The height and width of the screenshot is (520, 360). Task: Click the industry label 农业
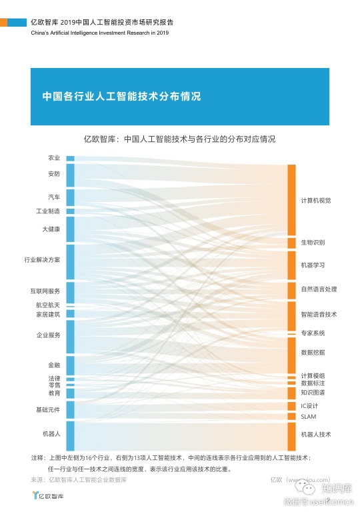pos(54,158)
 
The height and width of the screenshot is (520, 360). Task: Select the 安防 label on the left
pos(54,174)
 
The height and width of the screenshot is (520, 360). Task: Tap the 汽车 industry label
pos(54,197)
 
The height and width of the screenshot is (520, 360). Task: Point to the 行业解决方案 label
pos(42,259)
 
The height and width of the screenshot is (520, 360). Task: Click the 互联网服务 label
pos(45,291)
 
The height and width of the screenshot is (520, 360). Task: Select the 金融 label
pos(54,365)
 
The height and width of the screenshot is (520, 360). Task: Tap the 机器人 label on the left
pos(51,433)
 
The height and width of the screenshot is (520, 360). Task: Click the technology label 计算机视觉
pos(316,200)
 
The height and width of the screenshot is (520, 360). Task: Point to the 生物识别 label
pos(313,242)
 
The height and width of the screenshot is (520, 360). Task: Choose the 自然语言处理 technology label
pos(319,289)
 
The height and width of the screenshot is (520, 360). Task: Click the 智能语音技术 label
pos(319,314)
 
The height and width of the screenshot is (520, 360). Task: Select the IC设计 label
pos(310,405)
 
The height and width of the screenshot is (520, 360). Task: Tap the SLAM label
pos(308,417)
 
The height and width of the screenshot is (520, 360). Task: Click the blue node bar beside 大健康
pos(70,229)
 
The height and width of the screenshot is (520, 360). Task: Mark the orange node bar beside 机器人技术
pos(291,436)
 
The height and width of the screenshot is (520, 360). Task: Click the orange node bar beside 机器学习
pos(291,265)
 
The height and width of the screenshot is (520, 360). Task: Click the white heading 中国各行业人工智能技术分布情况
pos(121,95)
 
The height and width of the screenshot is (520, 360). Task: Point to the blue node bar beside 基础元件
pos(70,409)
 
